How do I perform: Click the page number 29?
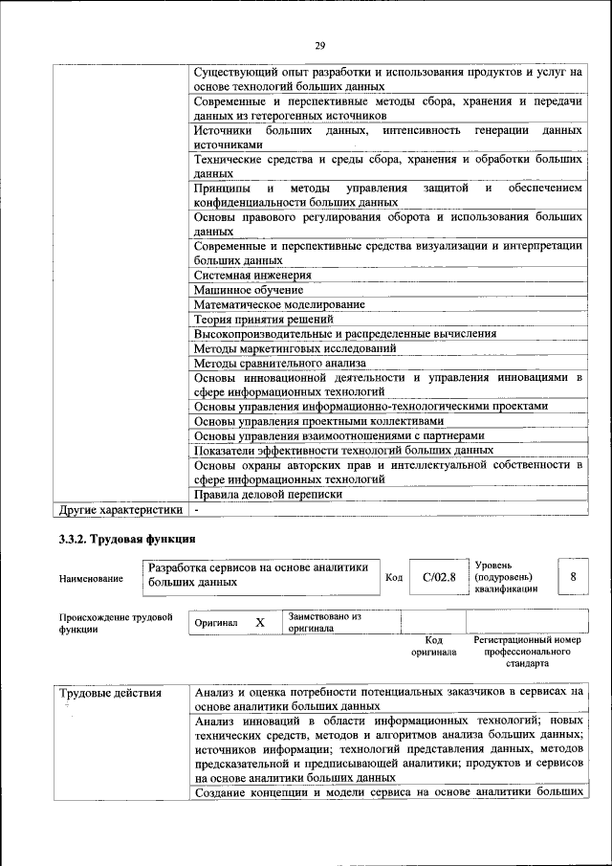pyautogui.click(x=319, y=44)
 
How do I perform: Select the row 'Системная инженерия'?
pyautogui.click(x=252, y=275)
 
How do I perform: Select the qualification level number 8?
pyautogui.click(x=573, y=577)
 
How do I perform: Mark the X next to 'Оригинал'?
pyautogui.click(x=259, y=623)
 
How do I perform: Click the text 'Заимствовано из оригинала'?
pyautogui.click(x=324, y=623)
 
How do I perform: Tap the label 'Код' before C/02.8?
pyautogui.click(x=393, y=577)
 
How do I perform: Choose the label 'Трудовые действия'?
pyautogui.click(x=110, y=692)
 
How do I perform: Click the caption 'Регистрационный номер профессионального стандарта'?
pyautogui.click(x=527, y=651)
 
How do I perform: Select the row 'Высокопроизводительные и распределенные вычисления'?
pyautogui.click(x=344, y=334)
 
